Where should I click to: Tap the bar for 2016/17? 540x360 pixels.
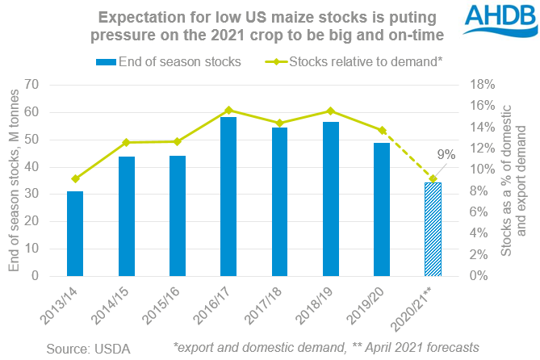[228, 196]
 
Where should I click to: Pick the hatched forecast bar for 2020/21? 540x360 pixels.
[433, 229]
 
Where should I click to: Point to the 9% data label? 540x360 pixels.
[447, 154]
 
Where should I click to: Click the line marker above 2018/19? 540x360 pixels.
[330, 111]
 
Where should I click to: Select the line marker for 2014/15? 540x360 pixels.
[126, 142]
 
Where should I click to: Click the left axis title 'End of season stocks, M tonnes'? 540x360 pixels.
[13, 180]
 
